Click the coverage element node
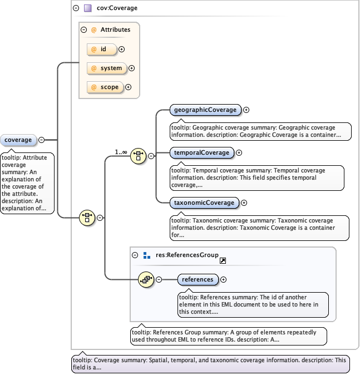coord(18,140)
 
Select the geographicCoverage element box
coord(205,110)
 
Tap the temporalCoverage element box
coord(201,152)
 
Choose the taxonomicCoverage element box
coord(204,203)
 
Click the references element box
coord(198,279)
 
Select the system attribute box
coord(107,68)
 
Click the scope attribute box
coord(105,87)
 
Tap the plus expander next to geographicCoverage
coord(246,110)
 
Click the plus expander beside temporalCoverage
coord(239,152)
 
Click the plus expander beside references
coord(224,280)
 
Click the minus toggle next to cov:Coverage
coord(76,8)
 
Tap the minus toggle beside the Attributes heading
coord(83,29)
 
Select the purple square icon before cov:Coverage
coord(87,8)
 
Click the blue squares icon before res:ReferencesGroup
coord(147,255)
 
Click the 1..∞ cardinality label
coord(121,151)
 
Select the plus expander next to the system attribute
coord(132,68)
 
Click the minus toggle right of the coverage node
coord(41,140)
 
